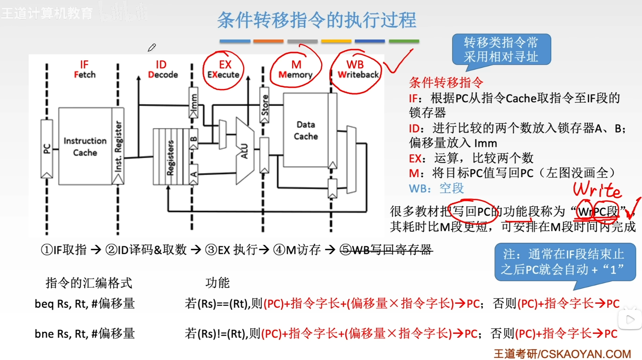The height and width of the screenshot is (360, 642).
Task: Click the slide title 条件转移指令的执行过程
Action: point(317,20)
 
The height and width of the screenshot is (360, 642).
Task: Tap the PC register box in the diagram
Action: point(47,149)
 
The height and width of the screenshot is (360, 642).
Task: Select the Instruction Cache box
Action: point(85,146)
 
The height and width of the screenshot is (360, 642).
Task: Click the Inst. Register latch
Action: point(118,146)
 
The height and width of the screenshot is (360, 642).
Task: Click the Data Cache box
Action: point(306,131)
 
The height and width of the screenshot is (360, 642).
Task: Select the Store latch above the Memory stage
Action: point(264,105)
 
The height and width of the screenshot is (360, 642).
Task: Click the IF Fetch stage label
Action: point(84,69)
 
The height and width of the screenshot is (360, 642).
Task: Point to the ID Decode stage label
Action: point(162,69)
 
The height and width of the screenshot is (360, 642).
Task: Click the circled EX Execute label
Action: point(223,69)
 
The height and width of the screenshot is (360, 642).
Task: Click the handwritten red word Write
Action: point(597,190)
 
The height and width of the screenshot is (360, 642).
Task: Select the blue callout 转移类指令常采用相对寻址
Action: point(501,50)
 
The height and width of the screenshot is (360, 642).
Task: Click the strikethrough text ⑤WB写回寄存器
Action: point(386,250)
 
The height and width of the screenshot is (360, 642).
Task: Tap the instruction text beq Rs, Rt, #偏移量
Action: point(85,304)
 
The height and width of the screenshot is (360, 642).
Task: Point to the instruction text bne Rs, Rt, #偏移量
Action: point(85,334)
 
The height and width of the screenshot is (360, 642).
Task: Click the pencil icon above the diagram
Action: point(152,47)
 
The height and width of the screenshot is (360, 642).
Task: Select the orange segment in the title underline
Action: point(268,41)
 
